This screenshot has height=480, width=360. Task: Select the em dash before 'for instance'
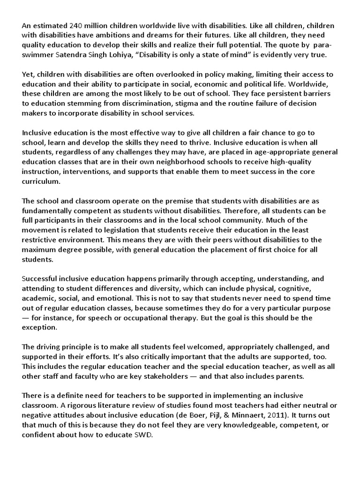[26, 318]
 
